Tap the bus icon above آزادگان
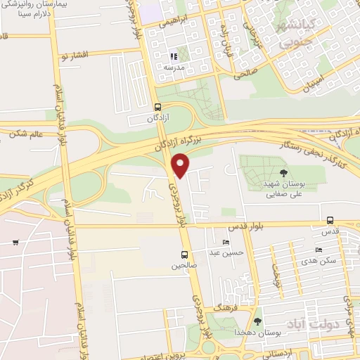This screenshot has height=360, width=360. pyautogui.click(x=159, y=108)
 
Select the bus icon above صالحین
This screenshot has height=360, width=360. pyautogui.click(x=184, y=255)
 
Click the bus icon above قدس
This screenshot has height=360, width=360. pyautogui.click(x=330, y=219)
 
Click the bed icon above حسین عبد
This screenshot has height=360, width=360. pyautogui.click(x=226, y=242)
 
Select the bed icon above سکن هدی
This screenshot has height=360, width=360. pyautogui.click(x=319, y=250)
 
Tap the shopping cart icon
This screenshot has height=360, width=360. pyautogui.click(x=15, y=243)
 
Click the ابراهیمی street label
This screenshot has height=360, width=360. pyautogui.click(x=172, y=22)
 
